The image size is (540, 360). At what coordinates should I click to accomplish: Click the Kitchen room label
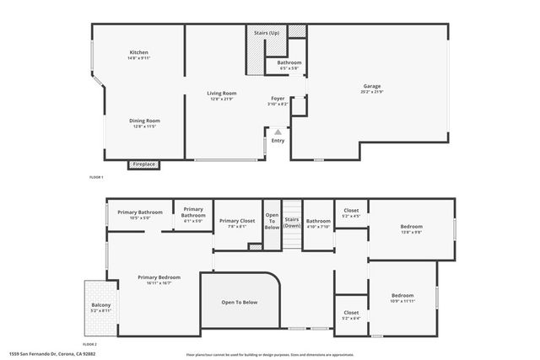[139, 52]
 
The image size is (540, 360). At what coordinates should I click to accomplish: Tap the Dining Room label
[144, 121]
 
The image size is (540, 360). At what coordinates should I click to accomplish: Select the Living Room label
[223, 93]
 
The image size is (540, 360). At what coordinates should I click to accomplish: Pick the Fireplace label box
[143, 164]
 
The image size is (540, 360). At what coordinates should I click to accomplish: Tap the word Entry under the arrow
[278, 141]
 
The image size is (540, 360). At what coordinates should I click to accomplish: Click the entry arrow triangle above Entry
[278, 132]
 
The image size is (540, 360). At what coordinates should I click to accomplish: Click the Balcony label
[100, 304]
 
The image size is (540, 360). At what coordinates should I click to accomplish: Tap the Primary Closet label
[237, 221]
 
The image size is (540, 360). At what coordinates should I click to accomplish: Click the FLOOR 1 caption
[96, 177]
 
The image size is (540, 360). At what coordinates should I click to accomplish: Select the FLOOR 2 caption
[90, 345]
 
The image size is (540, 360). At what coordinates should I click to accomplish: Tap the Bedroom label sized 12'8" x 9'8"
[412, 227]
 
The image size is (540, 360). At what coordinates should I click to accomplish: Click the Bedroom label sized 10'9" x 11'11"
[402, 295]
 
